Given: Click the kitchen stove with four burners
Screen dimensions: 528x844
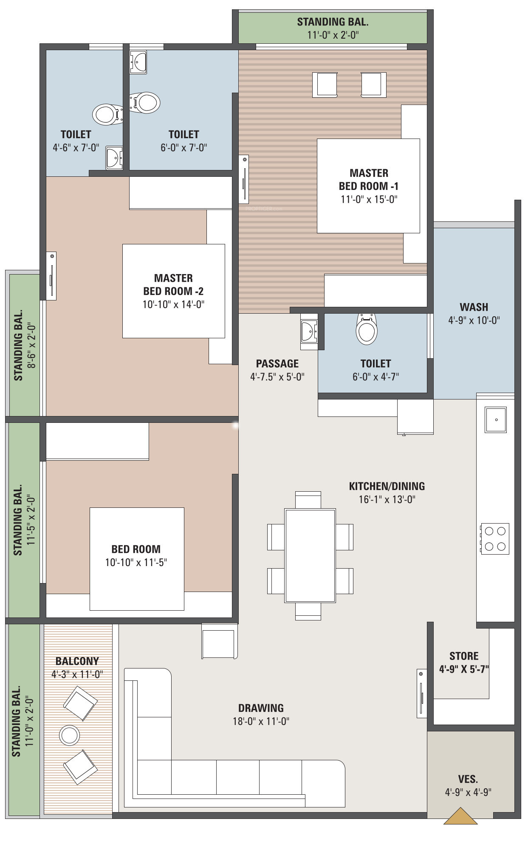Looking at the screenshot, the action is click(x=495, y=538).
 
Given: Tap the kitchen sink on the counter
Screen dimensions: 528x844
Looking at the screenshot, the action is click(x=496, y=420).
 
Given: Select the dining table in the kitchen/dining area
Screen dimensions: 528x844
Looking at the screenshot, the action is click(x=310, y=555).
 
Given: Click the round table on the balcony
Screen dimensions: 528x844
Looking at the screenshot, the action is click(x=69, y=735).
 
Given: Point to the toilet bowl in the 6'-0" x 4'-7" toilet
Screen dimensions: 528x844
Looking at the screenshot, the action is click(x=367, y=330).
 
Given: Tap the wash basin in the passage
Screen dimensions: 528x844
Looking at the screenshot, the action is click(x=309, y=331).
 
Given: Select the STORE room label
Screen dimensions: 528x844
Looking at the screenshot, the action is click(x=464, y=656).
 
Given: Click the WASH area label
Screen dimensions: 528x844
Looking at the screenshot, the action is click(x=474, y=307).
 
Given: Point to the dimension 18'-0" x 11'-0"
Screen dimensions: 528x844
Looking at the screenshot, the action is click(x=261, y=721).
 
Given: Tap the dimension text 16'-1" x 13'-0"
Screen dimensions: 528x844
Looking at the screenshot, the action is click(x=387, y=499).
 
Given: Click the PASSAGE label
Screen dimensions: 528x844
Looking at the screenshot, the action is click(x=277, y=363).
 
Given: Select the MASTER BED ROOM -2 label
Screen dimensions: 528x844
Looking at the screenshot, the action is click(x=173, y=285).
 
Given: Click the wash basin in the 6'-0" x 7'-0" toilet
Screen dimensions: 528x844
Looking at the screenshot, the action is click(x=138, y=62).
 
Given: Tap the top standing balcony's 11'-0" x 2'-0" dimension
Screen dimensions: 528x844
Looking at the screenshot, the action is click(x=333, y=35).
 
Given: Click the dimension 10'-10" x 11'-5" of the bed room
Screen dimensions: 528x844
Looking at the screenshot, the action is click(x=136, y=562).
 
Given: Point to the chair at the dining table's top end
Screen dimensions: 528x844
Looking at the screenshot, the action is click(x=308, y=500).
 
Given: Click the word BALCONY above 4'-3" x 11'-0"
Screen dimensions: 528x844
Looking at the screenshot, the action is click(x=77, y=661).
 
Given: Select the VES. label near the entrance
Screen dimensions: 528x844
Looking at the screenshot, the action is click(x=468, y=779).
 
